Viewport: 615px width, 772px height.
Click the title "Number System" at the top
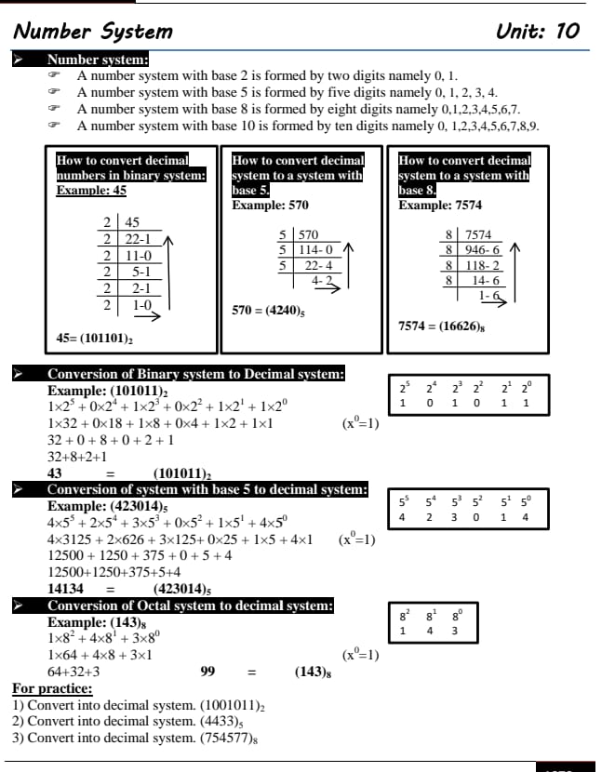pyautogui.click(x=93, y=31)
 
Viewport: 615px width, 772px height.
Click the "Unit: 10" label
pyautogui.click(x=538, y=31)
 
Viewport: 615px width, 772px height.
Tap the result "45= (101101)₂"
pyautogui.click(x=95, y=338)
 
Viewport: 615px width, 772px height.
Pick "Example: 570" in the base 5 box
pyautogui.click(x=270, y=205)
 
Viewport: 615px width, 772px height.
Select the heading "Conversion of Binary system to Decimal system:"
pyautogui.click(x=196, y=375)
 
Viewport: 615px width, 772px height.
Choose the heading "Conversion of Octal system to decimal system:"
pyautogui.click(x=190, y=606)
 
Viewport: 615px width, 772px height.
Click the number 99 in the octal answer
pyautogui.click(x=208, y=672)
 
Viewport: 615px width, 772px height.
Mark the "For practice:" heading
pyautogui.click(x=52, y=689)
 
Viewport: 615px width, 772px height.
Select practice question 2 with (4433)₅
pyautogui.click(x=127, y=722)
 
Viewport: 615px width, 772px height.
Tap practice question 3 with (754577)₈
pyautogui.click(x=135, y=739)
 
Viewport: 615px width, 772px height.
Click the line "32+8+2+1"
pyautogui.click(x=77, y=457)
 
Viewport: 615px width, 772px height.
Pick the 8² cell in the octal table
pyautogui.click(x=403, y=615)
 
